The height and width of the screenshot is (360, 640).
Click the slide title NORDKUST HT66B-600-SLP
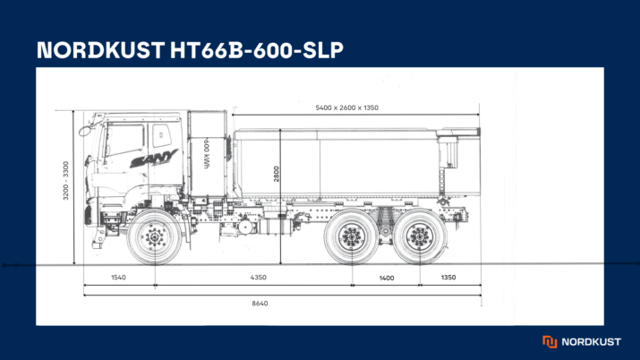pos(190,50)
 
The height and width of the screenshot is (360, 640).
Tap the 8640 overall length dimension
pos(260,304)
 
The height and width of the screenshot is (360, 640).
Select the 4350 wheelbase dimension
pos(259,278)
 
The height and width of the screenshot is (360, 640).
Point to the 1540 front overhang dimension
pos(118,278)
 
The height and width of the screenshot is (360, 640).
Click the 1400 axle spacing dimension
pos(387,279)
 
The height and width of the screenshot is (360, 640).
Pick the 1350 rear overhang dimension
pos(448,278)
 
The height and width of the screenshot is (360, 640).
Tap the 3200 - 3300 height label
pos(65,181)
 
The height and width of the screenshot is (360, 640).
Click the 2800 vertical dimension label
pos(277,174)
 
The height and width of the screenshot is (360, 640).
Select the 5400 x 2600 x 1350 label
pos(347,107)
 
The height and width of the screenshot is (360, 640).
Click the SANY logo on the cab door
pos(153,159)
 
